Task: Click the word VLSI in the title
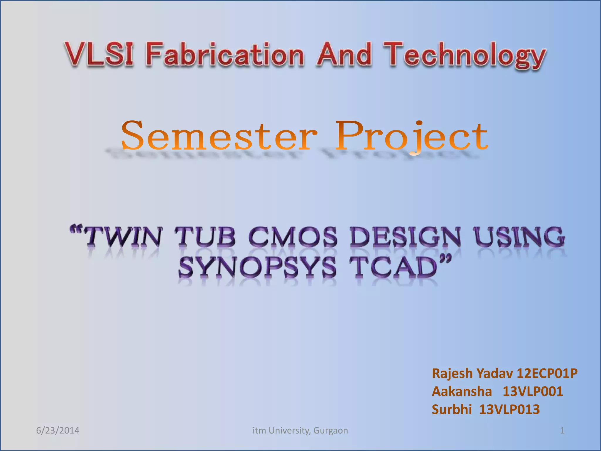point(99,54)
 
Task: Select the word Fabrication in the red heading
point(225,54)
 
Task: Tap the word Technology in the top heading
point(465,56)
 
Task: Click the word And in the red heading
point(344,54)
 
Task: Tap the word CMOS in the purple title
point(293,237)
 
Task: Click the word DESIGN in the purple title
point(405,237)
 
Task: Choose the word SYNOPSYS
point(257,267)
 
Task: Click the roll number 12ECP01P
point(547,373)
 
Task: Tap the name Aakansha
point(462,391)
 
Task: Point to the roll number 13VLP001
point(533,391)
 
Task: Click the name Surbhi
point(452,409)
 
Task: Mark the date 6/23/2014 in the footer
point(58,430)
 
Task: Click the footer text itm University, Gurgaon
point(300,430)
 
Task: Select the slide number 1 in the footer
point(562,430)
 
